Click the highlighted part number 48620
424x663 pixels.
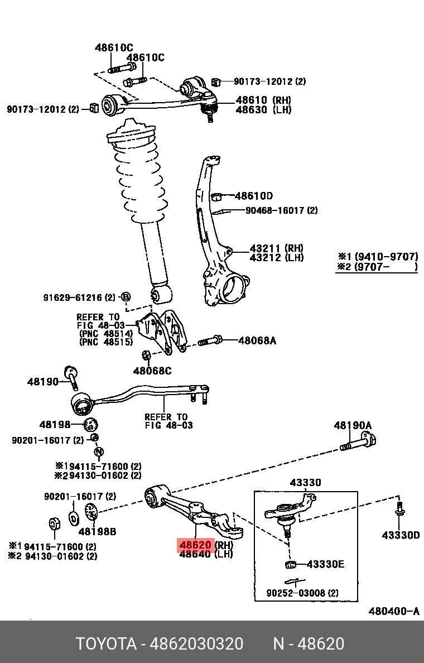point(195,545)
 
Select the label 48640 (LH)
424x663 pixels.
point(205,554)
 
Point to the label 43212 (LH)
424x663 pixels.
point(276,257)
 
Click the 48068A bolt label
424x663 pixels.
point(257,340)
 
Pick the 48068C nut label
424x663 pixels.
point(152,371)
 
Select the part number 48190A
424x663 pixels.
point(353,425)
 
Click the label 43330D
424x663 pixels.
point(401,535)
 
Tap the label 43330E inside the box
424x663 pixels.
point(325,564)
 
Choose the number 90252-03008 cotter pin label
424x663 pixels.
point(302,593)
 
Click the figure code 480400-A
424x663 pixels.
point(394,611)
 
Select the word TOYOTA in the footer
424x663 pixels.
point(106,644)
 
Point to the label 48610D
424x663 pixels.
point(254,196)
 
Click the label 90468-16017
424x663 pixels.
point(281,210)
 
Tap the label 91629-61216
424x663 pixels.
point(79,297)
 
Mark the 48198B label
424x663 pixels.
point(97,532)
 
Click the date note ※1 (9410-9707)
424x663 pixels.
point(378,257)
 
